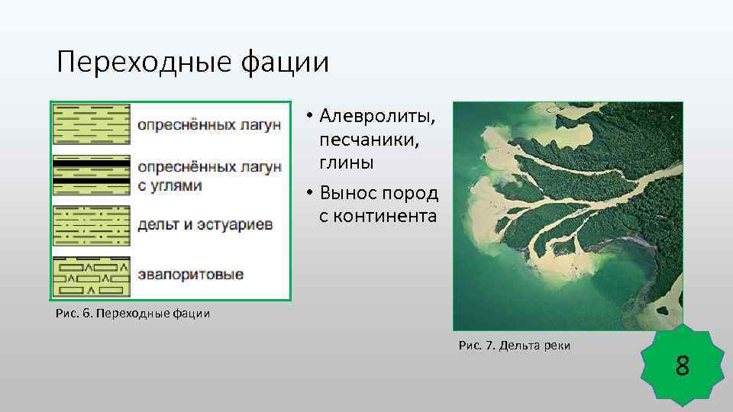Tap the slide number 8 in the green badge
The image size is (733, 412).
(x=682, y=368)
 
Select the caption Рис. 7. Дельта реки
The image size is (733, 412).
(x=514, y=346)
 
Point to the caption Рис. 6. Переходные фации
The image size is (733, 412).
(x=133, y=313)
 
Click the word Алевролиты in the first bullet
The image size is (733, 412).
(x=378, y=117)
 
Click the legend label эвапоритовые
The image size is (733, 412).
(x=191, y=274)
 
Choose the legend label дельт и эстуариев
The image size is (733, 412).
(x=205, y=225)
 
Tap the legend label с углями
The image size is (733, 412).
(x=170, y=185)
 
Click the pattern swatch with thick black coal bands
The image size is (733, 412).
(x=91, y=175)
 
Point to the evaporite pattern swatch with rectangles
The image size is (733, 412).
(x=91, y=277)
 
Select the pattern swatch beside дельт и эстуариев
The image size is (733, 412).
(x=91, y=225)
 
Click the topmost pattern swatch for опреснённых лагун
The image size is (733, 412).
(x=91, y=124)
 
